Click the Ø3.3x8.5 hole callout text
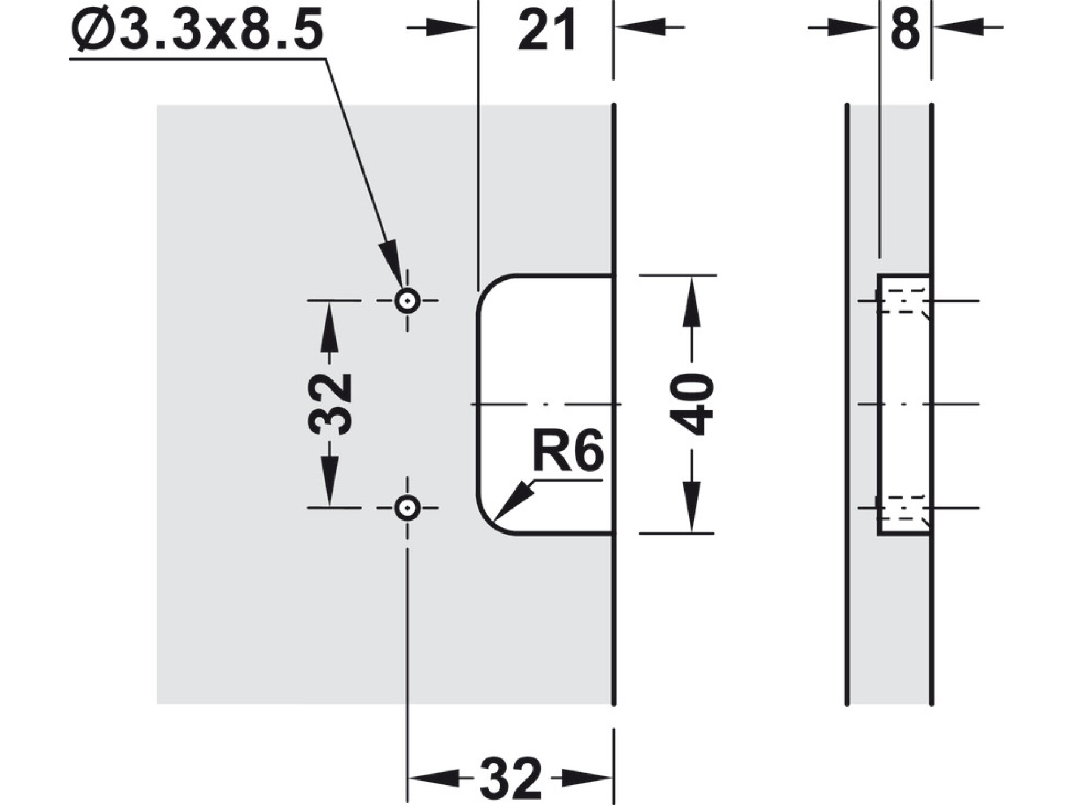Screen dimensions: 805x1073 [x=197, y=30]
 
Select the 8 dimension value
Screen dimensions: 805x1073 [x=905, y=30]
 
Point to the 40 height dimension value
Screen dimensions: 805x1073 [x=692, y=404]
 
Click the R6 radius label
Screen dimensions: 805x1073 [x=567, y=451]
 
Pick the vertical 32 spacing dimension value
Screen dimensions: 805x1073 [x=330, y=404]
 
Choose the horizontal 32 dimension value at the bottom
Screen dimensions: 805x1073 [x=511, y=778]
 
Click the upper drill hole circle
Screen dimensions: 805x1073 [x=407, y=301]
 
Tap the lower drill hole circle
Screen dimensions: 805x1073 [x=407, y=508]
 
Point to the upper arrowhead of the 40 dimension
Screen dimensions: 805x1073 [x=691, y=295]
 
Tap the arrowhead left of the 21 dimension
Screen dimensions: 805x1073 [x=453, y=27]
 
